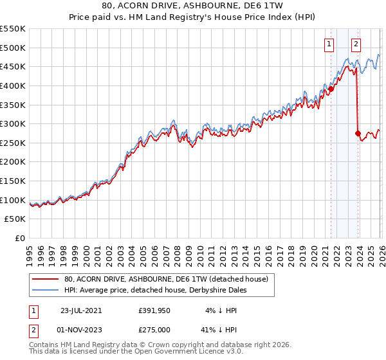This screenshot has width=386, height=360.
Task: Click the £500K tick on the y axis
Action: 13,48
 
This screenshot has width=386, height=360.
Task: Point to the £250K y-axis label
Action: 13,143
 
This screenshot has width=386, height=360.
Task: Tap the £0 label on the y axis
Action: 21,238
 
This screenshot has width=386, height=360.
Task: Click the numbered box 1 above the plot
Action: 329,44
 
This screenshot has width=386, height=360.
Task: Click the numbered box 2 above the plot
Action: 356,44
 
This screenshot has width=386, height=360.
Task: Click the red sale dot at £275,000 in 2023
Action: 358,133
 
